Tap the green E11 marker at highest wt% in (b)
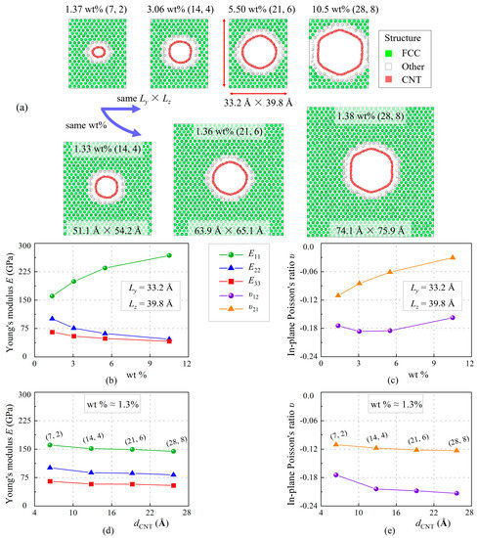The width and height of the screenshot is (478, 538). (223, 255)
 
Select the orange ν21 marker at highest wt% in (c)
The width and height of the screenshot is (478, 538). (452, 257)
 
